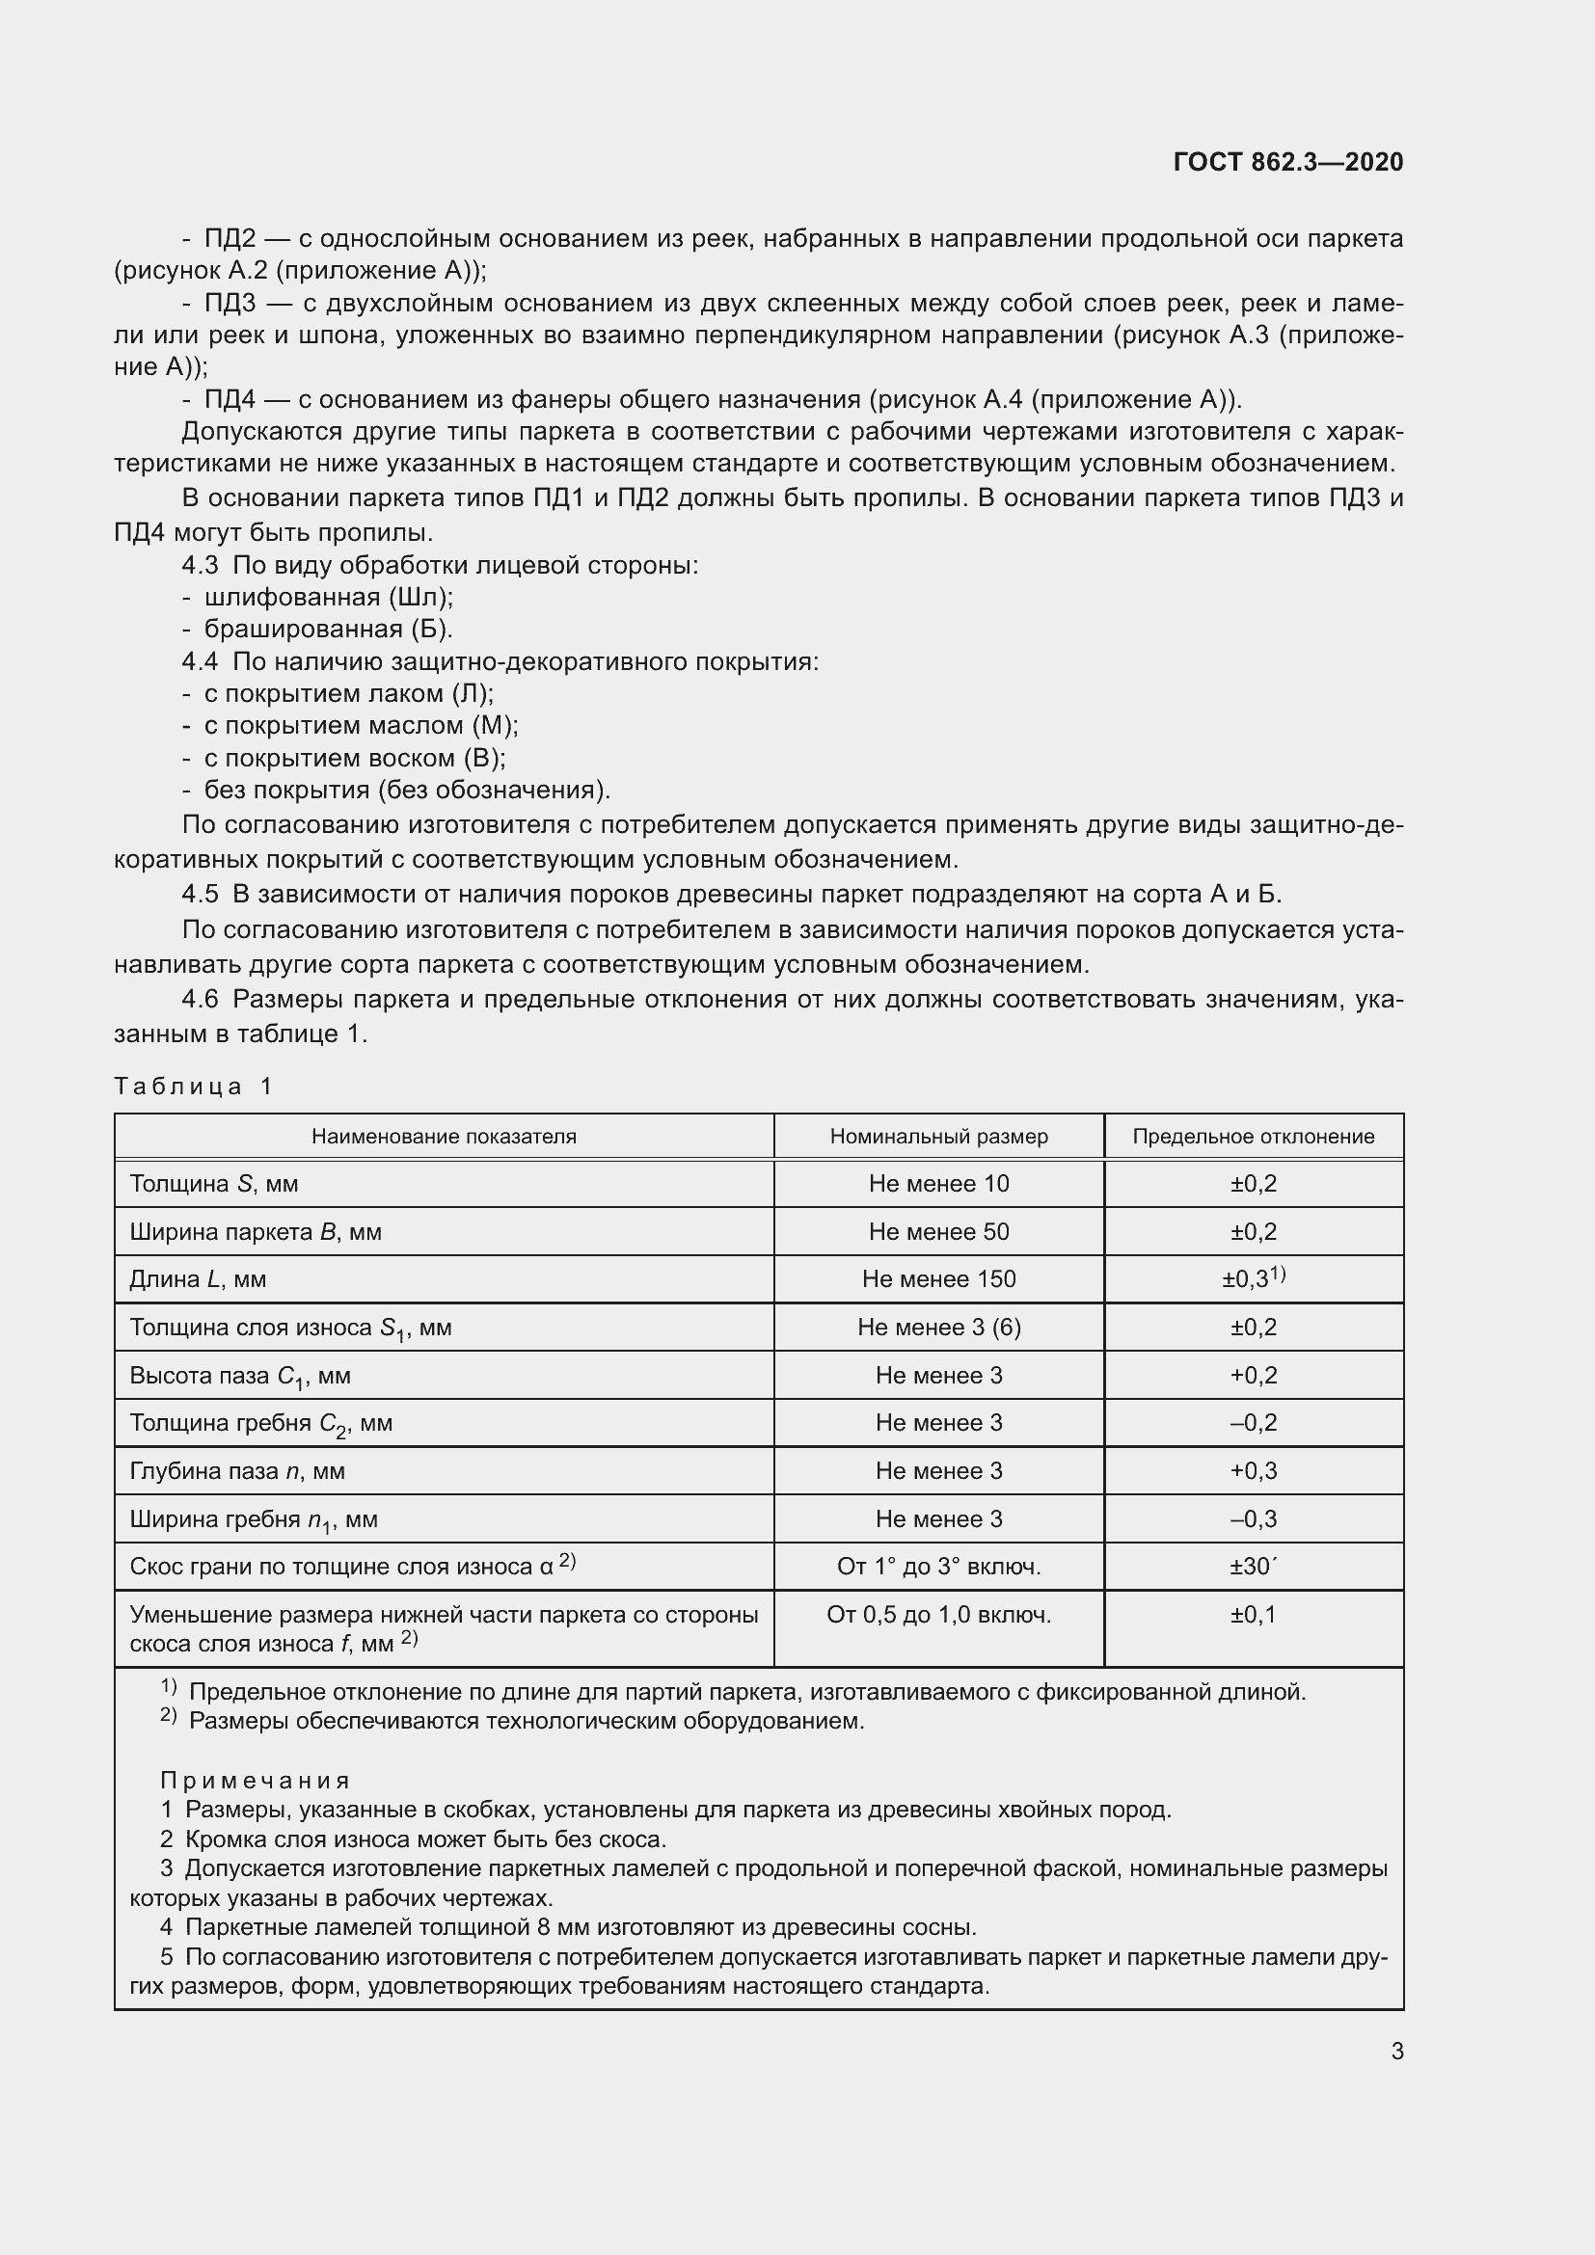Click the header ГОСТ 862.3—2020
(1287, 162)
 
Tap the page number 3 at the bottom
(1396, 2051)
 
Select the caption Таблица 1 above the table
(193, 1087)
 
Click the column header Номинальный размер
(938, 1137)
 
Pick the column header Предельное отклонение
(1253, 1137)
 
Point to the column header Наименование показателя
(444, 1137)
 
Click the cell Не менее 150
(938, 1279)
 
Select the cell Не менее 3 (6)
(938, 1328)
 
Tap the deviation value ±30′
(1253, 1567)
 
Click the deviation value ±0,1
(1253, 1615)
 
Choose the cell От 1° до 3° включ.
(938, 1567)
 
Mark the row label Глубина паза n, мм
(236, 1471)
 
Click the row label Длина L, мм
(198, 1279)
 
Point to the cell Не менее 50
(938, 1231)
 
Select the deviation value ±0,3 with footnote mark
(1253, 1278)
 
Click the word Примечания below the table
(255, 1781)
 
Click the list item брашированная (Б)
(328, 629)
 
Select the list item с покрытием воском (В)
(355, 757)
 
